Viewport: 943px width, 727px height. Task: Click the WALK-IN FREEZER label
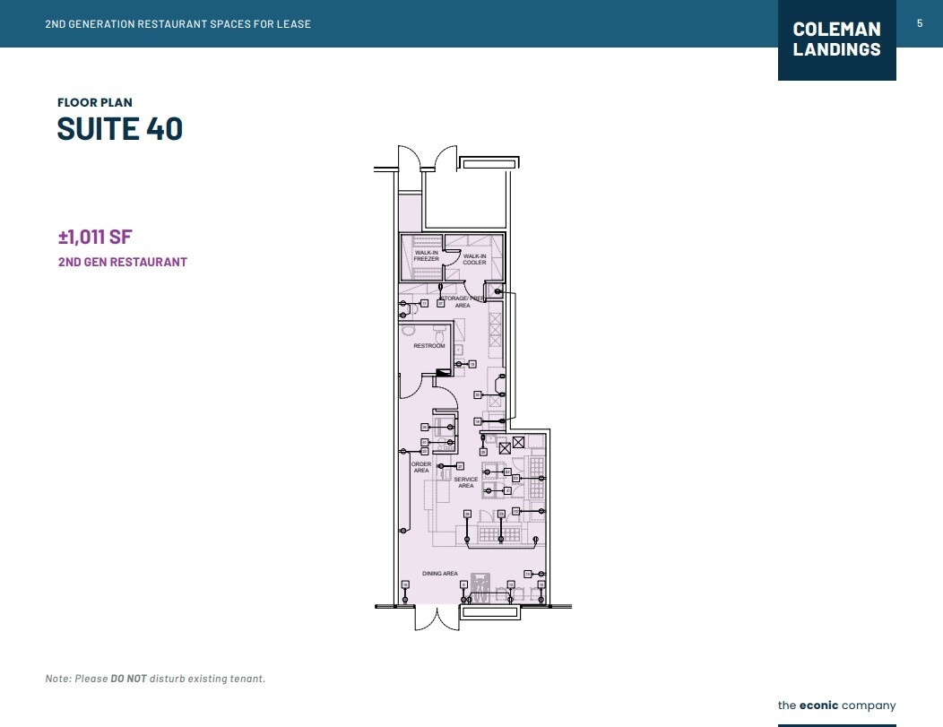427,255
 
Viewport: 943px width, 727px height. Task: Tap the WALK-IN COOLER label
474,258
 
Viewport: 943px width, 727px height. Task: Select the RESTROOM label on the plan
428,346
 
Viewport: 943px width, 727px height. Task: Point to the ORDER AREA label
421,467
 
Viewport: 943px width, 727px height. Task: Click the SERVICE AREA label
466,482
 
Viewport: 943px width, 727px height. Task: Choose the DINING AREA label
440,574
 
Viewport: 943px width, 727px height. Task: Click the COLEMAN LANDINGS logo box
836,40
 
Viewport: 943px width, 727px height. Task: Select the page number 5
920,23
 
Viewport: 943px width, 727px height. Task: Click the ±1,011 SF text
95,238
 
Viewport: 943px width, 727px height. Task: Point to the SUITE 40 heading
120,129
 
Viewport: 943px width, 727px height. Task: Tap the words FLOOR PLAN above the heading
95,103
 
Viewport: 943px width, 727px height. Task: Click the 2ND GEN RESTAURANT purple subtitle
123,263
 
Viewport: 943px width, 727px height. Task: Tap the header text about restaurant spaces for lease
177,24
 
